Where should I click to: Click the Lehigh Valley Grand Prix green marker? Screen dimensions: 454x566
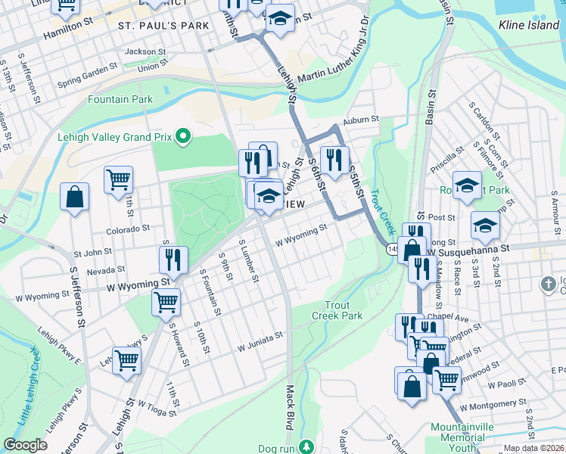(182, 137)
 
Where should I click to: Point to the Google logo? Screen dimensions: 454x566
(25, 445)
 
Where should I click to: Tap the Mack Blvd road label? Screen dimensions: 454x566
(289, 416)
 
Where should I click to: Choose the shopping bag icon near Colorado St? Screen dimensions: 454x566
(75, 197)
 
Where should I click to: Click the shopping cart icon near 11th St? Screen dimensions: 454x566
(118, 180)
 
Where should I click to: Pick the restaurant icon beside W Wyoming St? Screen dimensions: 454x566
(173, 260)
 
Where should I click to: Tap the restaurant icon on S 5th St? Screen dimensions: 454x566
(331, 159)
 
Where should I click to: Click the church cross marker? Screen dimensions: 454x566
(549, 284)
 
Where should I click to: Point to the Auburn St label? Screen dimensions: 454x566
(359, 120)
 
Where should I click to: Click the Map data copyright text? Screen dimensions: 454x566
(534, 448)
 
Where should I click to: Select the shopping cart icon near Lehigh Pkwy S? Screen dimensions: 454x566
(126, 360)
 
